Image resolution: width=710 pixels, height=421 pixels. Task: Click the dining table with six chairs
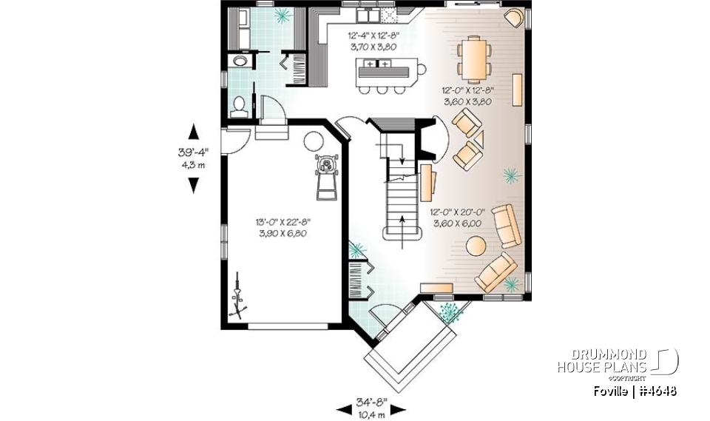(x=473, y=58)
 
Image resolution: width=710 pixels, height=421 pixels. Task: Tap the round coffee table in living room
(x=476, y=245)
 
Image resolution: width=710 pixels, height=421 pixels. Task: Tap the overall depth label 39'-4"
(x=193, y=152)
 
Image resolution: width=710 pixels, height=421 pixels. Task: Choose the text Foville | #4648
(x=635, y=391)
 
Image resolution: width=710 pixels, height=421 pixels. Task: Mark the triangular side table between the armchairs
(x=479, y=138)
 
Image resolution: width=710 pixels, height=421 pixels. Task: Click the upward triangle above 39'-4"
(x=194, y=132)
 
